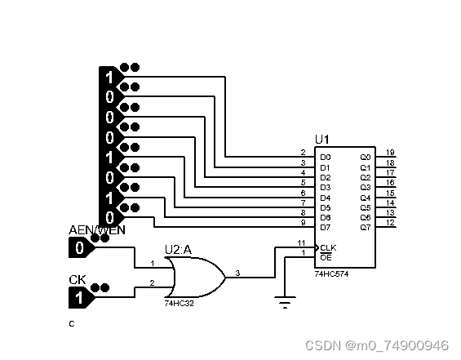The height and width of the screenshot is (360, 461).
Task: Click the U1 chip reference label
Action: (322, 140)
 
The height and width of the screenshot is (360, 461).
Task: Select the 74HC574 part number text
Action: (331, 274)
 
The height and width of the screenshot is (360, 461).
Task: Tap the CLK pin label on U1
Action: (328, 247)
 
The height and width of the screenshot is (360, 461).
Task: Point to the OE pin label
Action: (326, 258)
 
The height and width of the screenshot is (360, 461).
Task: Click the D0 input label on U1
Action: (326, 158)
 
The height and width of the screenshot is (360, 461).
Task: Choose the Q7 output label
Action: (366, 228)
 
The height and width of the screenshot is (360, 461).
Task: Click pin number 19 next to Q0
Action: (390, 153)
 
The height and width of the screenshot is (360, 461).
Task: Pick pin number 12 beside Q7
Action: (390, 222)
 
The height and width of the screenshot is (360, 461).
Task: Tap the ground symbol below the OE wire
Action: (285, 302)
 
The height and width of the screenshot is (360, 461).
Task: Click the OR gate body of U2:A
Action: (197, 277)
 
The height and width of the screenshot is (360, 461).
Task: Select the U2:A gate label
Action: (178, 250)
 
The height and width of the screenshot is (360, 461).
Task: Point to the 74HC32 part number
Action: (180, 303)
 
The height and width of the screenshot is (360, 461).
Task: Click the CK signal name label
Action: (78, 280)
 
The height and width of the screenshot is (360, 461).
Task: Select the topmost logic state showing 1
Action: (111, 77)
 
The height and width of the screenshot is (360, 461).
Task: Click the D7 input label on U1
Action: (326, 228)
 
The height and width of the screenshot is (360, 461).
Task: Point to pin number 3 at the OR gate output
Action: (237, 273)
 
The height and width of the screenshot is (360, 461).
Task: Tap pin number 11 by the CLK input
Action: (301, 243)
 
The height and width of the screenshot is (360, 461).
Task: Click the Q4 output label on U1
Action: (366, 198)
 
